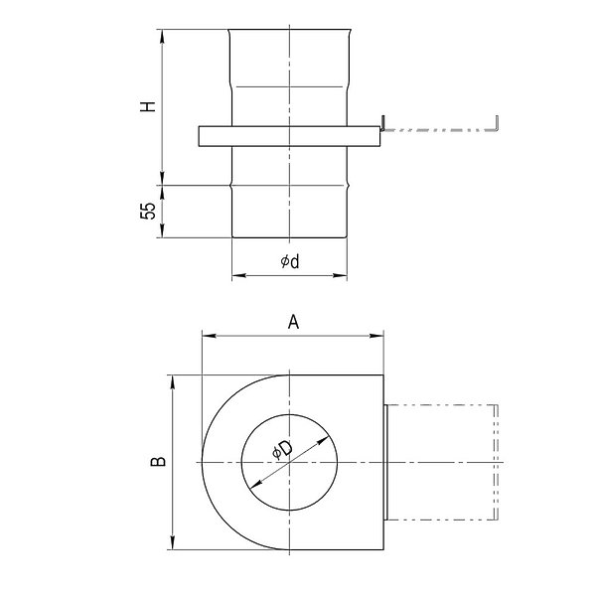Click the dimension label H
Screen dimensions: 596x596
[x=148, y=106]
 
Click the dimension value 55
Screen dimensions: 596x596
[x=148, y=211]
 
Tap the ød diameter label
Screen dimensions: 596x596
[x=290, y=261]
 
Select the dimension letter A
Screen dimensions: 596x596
[x=293, y=322]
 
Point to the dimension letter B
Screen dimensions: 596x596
[x=159, y=462]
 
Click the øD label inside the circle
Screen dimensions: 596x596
[x=283, y=449]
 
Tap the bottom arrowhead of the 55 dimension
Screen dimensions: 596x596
[x=162, y=230]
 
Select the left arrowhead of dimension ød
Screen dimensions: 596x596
[x=239, y=275]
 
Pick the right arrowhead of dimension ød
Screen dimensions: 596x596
[x=340, y=275]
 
